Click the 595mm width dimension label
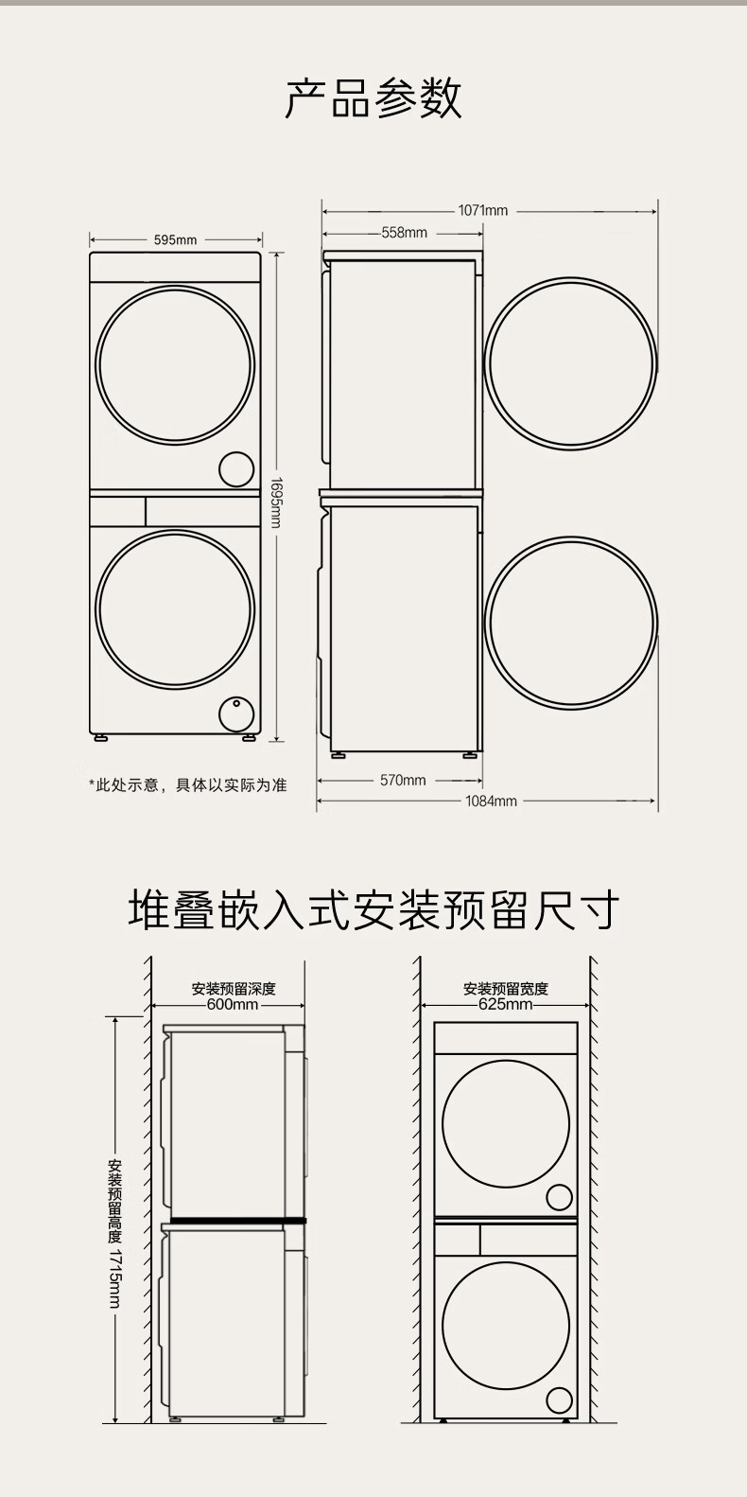[x=175, y=240]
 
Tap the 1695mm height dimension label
[x=275, y=502]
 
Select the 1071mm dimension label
[x=482, y=210]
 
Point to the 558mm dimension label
[x=405, y=233]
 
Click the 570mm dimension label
[x=403, y=780]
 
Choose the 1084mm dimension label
[x=492, y=801]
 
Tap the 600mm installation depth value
[x=233, y=1004]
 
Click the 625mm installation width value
[x=505, y=1004]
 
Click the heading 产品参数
[x=373, y=98]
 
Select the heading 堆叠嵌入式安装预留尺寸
[x=373, y=909]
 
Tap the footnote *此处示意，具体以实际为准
[x=188, y=784]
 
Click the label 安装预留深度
[x=233, y=989]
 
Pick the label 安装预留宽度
[x=505, y=989]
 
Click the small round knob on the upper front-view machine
[x=236, y=469]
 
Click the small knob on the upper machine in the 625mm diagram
[x=560, y=1197]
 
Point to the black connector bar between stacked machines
[x=238, y=1221]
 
